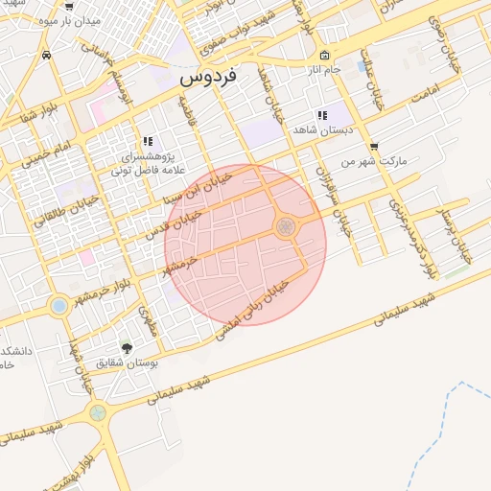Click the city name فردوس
click(x=211, y=74)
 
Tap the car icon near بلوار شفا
click(x=47, y=56)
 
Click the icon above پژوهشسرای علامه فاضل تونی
click(x=148, y=140)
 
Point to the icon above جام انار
click(x=325, y=55)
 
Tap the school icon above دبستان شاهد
click(x=322, y=115)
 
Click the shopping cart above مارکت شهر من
click(x=373, y=147)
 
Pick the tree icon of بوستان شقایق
click(x=127, y=347)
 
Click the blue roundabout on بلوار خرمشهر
click(x=58, y=306)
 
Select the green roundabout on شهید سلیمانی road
click(x=96, y=413)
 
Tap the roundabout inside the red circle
click(x=285, y=226)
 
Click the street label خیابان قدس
click(x=173, y=225)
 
